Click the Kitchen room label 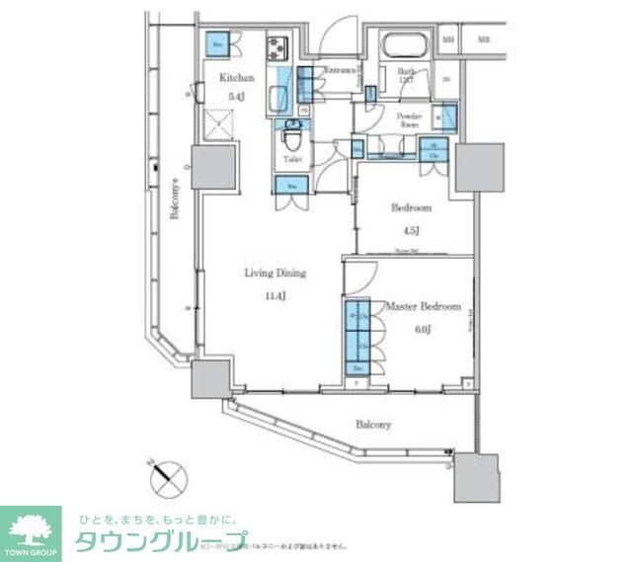(x=237, y=78)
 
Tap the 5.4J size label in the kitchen (x=237, y=96)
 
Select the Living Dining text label (x=276, y=274)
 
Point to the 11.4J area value (x=276, y=294)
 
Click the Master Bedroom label (x=424, y=307)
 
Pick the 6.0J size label (x=423, y=330)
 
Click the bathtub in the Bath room (x=403, y=47)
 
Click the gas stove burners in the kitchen (x=276, y=46)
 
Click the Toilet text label (x=292, y=159)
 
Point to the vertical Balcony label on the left (x=174, y=198)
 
